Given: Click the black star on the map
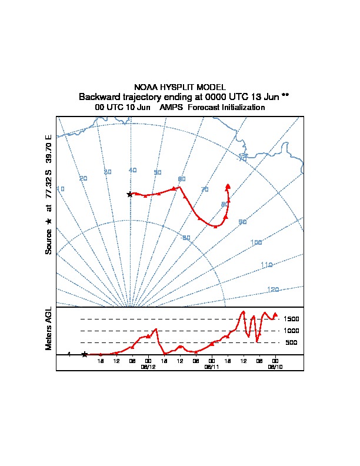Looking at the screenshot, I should (130, 194).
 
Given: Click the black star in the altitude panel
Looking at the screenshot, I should (85, 354).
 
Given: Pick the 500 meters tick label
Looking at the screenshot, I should (291, 342).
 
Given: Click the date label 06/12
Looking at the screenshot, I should (148, 366).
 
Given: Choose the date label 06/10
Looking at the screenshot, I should (275, 366).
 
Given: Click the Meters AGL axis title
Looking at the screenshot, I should (49, 329).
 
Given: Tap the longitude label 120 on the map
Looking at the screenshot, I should (273, 289).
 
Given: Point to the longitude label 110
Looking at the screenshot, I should (266, 265).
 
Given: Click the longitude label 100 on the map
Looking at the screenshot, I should (256, 242).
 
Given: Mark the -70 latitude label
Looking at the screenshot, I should (242, 159).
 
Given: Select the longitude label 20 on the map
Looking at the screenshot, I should (84, 178).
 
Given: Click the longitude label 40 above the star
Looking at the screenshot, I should (132, 170).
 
